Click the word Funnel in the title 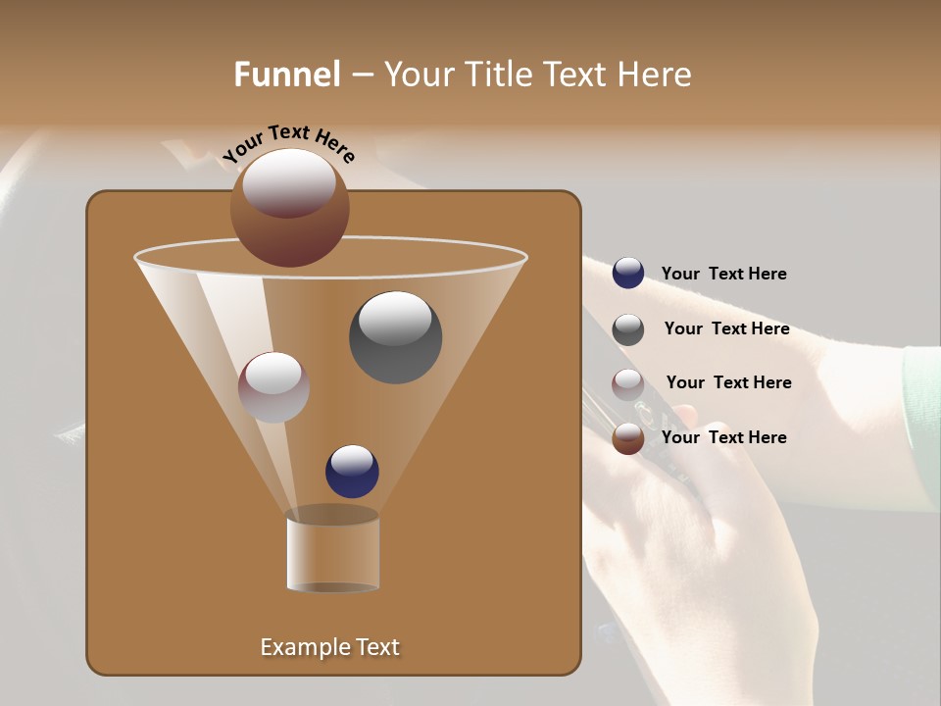tap(286, 75)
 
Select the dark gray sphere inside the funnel tap(395, 337)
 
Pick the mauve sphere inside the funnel tap(273, 387)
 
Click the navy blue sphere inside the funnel tap(352, 472)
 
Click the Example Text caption tap(329, 647)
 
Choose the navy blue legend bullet tap(627, 274)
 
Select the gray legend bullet tap(627, 329)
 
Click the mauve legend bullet tap(627, 384)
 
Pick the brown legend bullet tap(627, 438)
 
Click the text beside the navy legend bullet tap(723, 274)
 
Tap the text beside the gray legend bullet tap(726, 328)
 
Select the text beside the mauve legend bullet tap(728, 382)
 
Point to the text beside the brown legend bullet tap(723, 437)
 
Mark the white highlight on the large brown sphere tap(289, 181)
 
